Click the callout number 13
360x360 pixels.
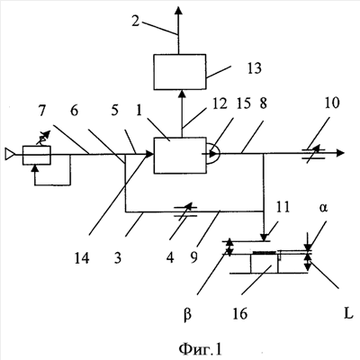click(x=255, y=68)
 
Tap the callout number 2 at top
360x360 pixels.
click(x=136, y=21)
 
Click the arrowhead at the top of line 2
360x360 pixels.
click(x=179, y=10)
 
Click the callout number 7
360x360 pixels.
click(x=42, y=111)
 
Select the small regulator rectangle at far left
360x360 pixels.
click(x=37, y=155)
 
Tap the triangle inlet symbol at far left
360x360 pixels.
click(x=9, y=154)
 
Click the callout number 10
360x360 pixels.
click(x=332, y=103)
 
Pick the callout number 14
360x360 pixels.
click(x=82, y=258)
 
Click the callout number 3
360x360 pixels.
click(x=118, y=258)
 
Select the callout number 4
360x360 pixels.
click(x=170, y=257)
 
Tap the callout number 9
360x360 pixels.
click(x=193, y=257)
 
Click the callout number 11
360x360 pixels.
click(x=282, y=207)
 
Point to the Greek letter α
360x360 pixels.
click(x=323, y=208)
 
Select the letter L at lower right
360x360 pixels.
click(x=348, y=314)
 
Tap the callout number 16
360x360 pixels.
click(x=239, y=314)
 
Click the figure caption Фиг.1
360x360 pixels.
click(x=200, y=349)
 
